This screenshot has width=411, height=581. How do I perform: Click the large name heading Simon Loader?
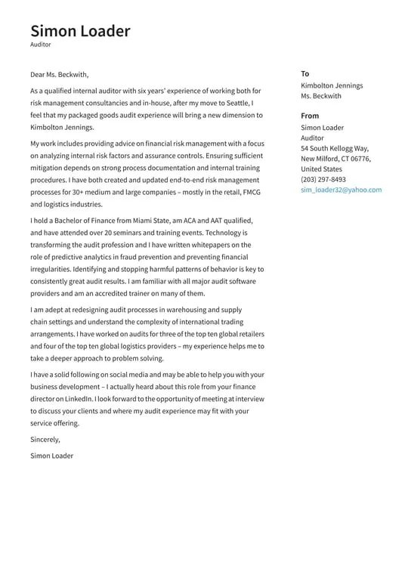[80, 31]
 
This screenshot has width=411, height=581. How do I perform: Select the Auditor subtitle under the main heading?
[41, 45]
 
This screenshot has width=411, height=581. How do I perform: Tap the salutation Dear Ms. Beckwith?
[60, 74]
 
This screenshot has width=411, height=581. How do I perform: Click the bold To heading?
[304, 73]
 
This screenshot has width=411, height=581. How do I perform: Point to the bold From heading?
[310, 116]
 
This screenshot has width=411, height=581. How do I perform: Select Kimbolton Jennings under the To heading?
[332, 85]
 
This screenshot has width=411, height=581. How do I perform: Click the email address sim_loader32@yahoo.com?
[341, 190]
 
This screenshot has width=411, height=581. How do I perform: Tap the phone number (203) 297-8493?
[323, 180]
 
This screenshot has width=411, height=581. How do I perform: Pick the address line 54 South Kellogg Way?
[335, 149]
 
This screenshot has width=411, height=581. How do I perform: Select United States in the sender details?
[321, 169]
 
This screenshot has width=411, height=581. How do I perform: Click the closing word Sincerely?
[45, 439]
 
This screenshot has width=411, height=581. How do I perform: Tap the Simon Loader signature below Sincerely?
[51, 456]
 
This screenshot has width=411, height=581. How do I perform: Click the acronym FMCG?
[250, 192]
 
